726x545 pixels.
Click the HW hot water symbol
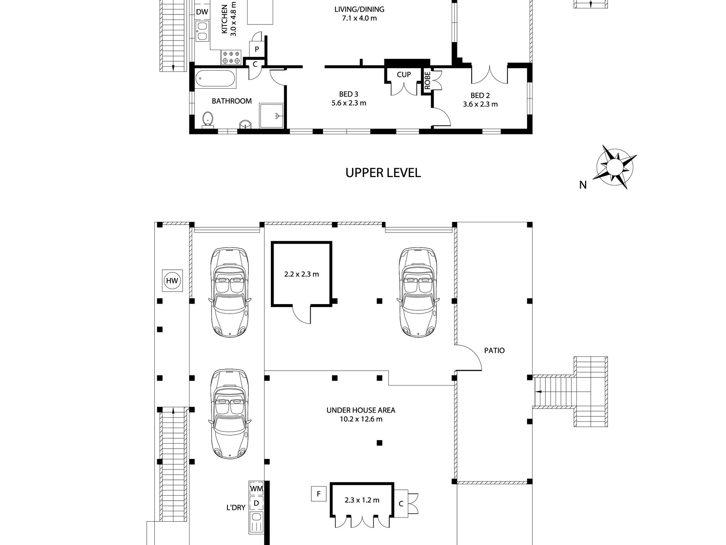pos(172,281)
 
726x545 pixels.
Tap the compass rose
pos(614,167)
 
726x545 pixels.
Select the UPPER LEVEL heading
pos(383,173)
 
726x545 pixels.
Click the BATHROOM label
pos(232,101)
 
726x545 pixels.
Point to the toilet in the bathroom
pos(208,119)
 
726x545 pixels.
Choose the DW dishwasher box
pos(202,12)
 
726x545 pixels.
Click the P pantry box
pos(257,49)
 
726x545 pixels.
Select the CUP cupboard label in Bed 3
pos(404,75)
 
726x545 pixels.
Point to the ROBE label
pos(427,81)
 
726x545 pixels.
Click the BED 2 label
pos(480,96)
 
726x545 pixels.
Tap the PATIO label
pos(494,350)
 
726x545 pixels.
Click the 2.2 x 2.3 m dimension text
pos(301,274)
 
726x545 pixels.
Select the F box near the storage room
pos(318,494)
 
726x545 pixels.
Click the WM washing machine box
pos(256,489)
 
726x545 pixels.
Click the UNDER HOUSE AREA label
pos(361,410)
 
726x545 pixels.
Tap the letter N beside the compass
pos(583,185)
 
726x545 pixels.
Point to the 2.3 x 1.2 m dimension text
pos(362,500)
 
